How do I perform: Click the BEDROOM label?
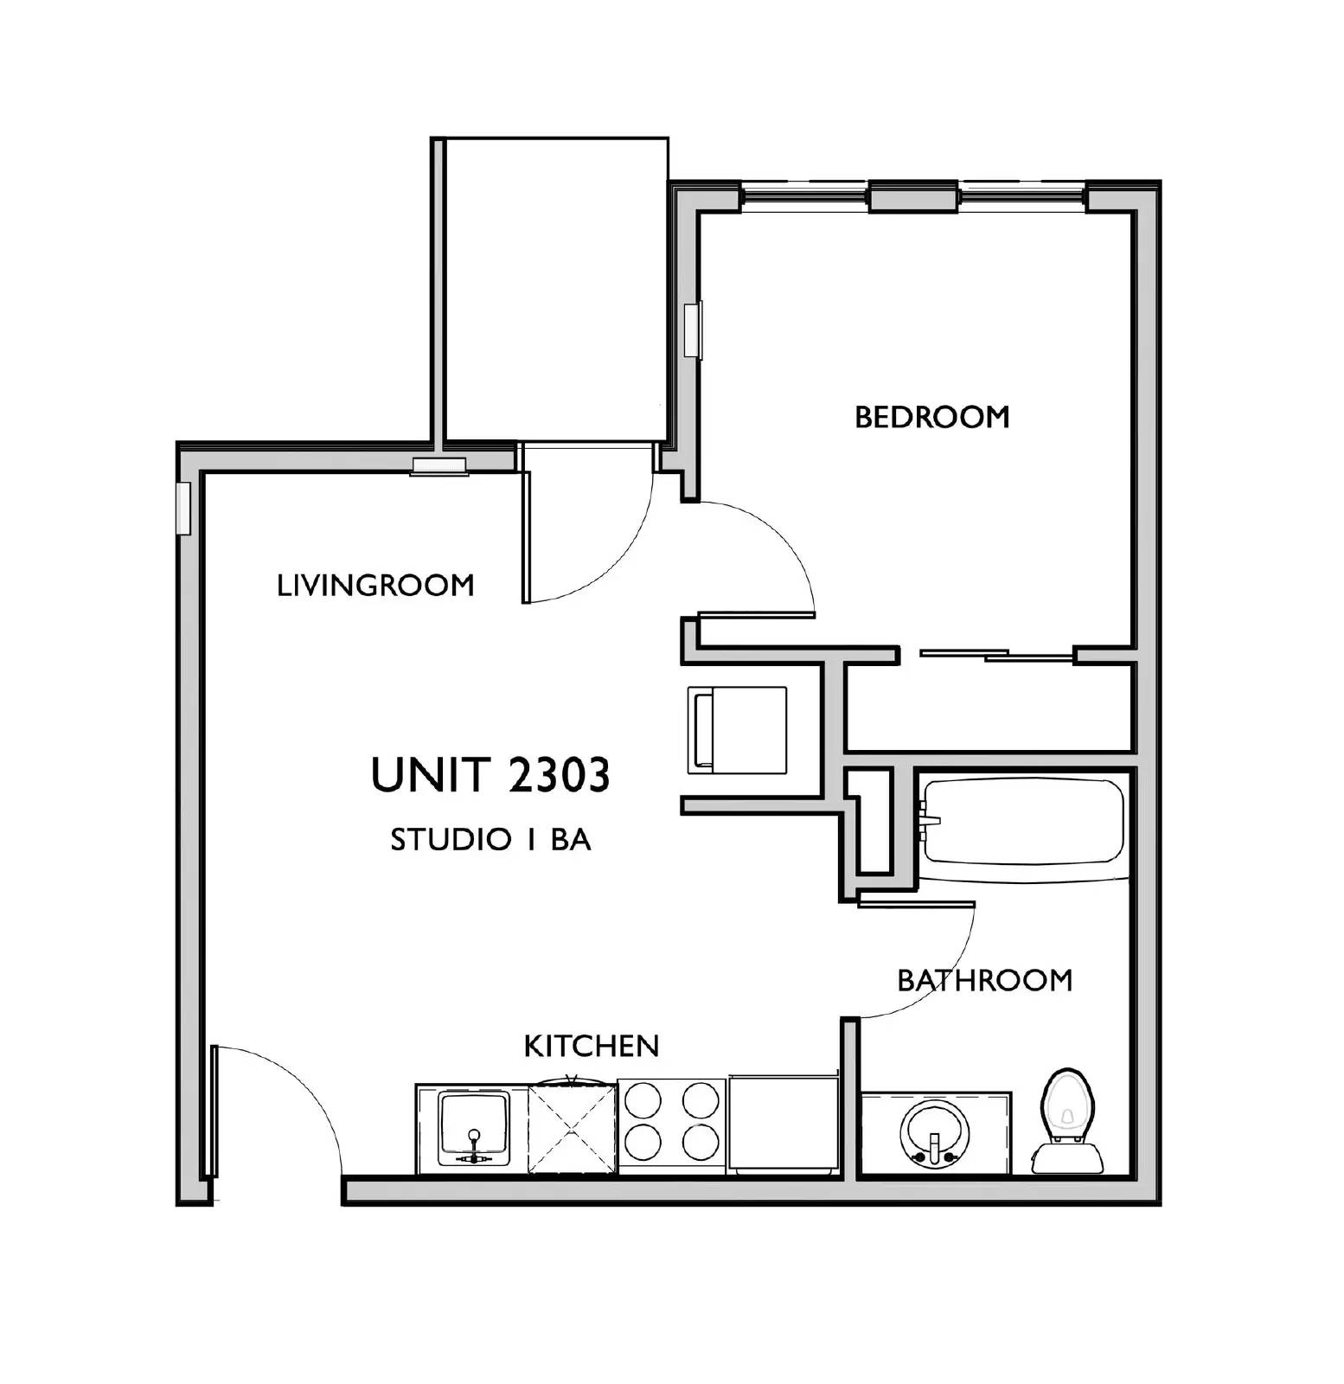pos(931,417)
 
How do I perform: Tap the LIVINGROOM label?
pos(375,586)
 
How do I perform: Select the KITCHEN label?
pos(592,1046)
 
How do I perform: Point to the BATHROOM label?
pos(984,980)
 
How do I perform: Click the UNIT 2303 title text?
pos(490,775)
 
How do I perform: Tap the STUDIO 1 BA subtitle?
pos(490,839)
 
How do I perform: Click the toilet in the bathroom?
pos(1068,1122)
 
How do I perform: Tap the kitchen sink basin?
pos(473,1128)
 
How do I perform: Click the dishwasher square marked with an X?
pos(572,1128)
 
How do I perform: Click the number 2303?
pos(559,775)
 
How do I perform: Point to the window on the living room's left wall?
pos(182,508)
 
